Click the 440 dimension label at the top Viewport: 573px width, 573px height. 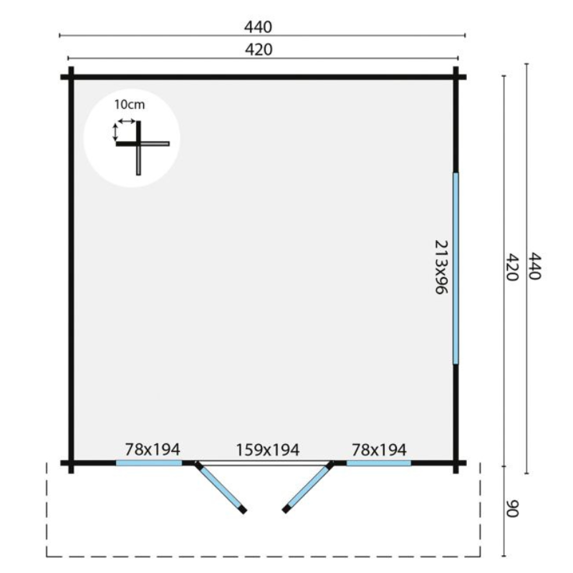[259, 27]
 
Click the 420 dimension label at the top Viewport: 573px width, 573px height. [259, 49]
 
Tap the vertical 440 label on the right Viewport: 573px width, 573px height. [534, 266]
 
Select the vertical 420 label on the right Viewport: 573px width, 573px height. [512, 267]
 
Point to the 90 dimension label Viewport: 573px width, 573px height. [512, 509]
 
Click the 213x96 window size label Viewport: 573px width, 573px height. [441, 266]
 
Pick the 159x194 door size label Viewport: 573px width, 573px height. [268, 450]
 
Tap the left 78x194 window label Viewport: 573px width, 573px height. [153, 449]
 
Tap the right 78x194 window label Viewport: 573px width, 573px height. [379, 450]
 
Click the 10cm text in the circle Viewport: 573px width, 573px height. [130, 105]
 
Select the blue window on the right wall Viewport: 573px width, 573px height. [456, 269]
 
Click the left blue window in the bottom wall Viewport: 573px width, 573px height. [149, 463]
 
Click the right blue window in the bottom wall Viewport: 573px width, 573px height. [379, 463]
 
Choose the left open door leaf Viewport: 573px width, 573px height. [221, 488]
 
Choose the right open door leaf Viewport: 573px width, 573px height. [308, 487]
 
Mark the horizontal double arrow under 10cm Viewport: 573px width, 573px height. [126, 121]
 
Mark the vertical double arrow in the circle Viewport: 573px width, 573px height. [115, 133]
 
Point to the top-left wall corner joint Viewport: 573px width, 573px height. [71, 77]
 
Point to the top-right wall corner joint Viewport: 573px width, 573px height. [456, 77]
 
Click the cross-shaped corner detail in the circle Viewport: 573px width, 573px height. [138, 144]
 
